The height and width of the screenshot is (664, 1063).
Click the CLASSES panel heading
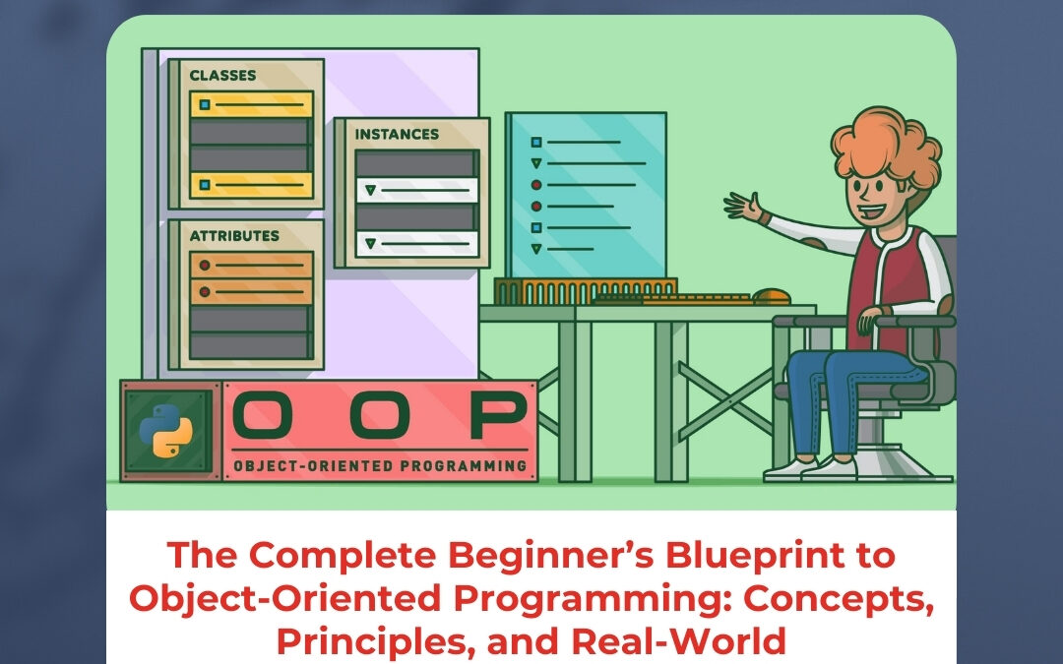coord(222,76)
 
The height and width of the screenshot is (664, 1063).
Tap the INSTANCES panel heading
coord(397,134)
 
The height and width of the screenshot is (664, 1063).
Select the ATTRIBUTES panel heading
coord(233,236)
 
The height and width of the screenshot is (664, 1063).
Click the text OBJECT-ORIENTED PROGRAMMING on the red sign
coord(380,466)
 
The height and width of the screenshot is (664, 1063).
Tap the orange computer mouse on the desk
coord(772,295)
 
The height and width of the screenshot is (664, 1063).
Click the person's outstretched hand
coord(744,207)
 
